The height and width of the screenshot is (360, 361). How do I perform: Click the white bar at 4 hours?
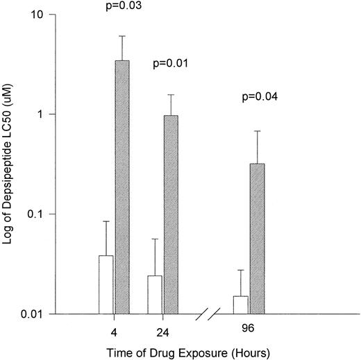(x=106, y=284)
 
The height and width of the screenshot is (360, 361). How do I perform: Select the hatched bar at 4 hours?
(x=122, y=187)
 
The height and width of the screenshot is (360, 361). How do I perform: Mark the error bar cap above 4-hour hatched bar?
(x=122, y=36)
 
